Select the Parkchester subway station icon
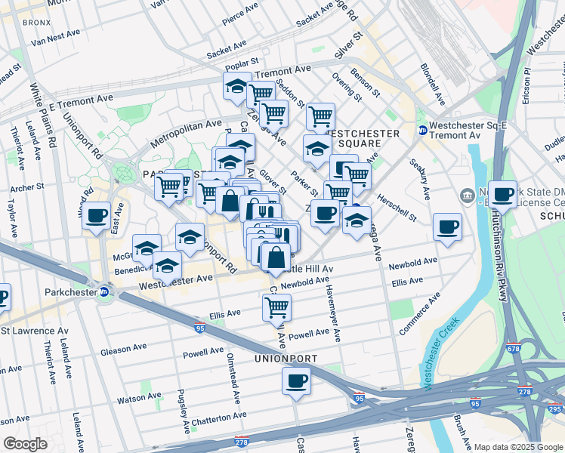click(104, 293)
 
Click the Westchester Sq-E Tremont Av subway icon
click(422, 130)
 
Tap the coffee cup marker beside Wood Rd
click(97, 216)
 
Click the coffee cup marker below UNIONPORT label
click(297, 381)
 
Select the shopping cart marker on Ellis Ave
click(276, 307)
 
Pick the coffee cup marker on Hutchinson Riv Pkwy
click(502, 195)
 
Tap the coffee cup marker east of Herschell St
click(447, 226)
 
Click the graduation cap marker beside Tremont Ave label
click(237, 86)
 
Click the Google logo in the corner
click(25, 444)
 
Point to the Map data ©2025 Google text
click(518, 447)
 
